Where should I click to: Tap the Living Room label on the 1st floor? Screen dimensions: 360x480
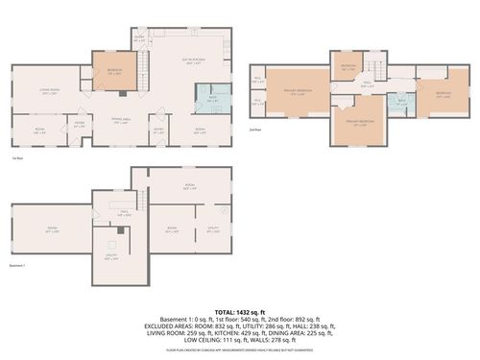click(51, 92)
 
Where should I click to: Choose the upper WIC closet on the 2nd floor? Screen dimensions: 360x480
click(257, 80)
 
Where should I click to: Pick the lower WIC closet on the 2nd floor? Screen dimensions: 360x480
click(257, 100)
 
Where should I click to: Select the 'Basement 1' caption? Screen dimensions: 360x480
click(16, 266)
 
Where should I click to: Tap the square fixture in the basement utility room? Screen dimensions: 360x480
click(112, 244)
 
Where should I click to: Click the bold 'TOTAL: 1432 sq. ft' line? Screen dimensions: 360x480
click(240, 313)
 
